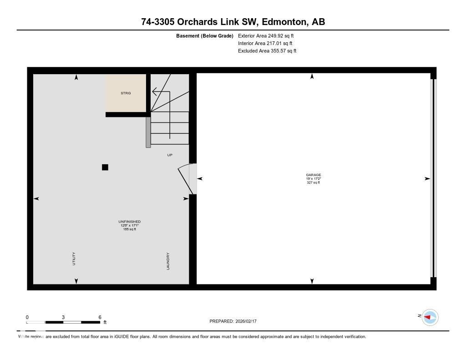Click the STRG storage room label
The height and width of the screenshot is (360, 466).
[x=126, y=93]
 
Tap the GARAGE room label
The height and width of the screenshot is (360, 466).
[x=313, y=175]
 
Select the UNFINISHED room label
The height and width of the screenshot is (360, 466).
[x=129, y=222]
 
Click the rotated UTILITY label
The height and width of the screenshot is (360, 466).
[x=74, y=259]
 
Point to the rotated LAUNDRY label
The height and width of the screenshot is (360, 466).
[x=168, y=261]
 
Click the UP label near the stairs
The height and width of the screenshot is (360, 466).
[x=170, y=155]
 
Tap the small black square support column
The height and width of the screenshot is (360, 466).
[x=105, y=167]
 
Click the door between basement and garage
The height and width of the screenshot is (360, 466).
[x=187, y=179]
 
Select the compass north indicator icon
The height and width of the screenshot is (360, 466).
[x=430, y=317]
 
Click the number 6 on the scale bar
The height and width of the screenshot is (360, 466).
[x=100, y=317]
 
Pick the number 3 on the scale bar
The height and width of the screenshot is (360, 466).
[x=63, y=317]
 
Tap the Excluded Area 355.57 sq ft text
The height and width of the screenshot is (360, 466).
[x=267, y=51]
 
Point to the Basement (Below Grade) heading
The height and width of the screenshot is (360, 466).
[x=204, y=35]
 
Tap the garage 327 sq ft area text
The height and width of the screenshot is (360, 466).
[x=313, y=183]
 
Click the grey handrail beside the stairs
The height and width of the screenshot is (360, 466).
[x=148, y=132]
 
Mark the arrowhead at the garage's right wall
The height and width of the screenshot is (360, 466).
[x=427, y=179]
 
